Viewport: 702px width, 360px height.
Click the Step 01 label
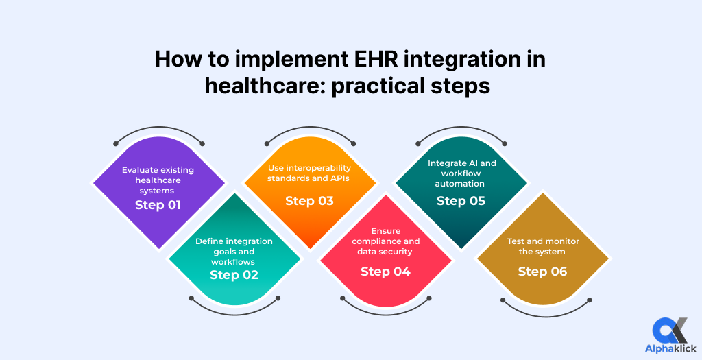click(158, 205)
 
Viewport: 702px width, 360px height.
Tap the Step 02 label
click(234, 275)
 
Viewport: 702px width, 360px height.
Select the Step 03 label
click(309, 201)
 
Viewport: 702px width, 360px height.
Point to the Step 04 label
click(385, 272)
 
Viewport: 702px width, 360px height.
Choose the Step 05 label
click(461, 201)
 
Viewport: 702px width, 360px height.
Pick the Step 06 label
click(542, 272)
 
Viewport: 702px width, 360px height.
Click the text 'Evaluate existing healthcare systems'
click(158, 180)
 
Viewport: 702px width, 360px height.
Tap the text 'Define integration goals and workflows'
click(234, 251)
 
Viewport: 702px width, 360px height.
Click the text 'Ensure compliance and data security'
click(385, 241)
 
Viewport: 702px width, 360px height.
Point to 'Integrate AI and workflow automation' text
click(461, 173)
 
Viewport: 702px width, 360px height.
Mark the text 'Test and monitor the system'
click(542, 246)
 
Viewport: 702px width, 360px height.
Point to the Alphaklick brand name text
click(670, 349)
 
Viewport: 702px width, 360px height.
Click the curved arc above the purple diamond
click(158, 131)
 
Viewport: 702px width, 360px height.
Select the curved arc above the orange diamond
click(309, 131)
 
